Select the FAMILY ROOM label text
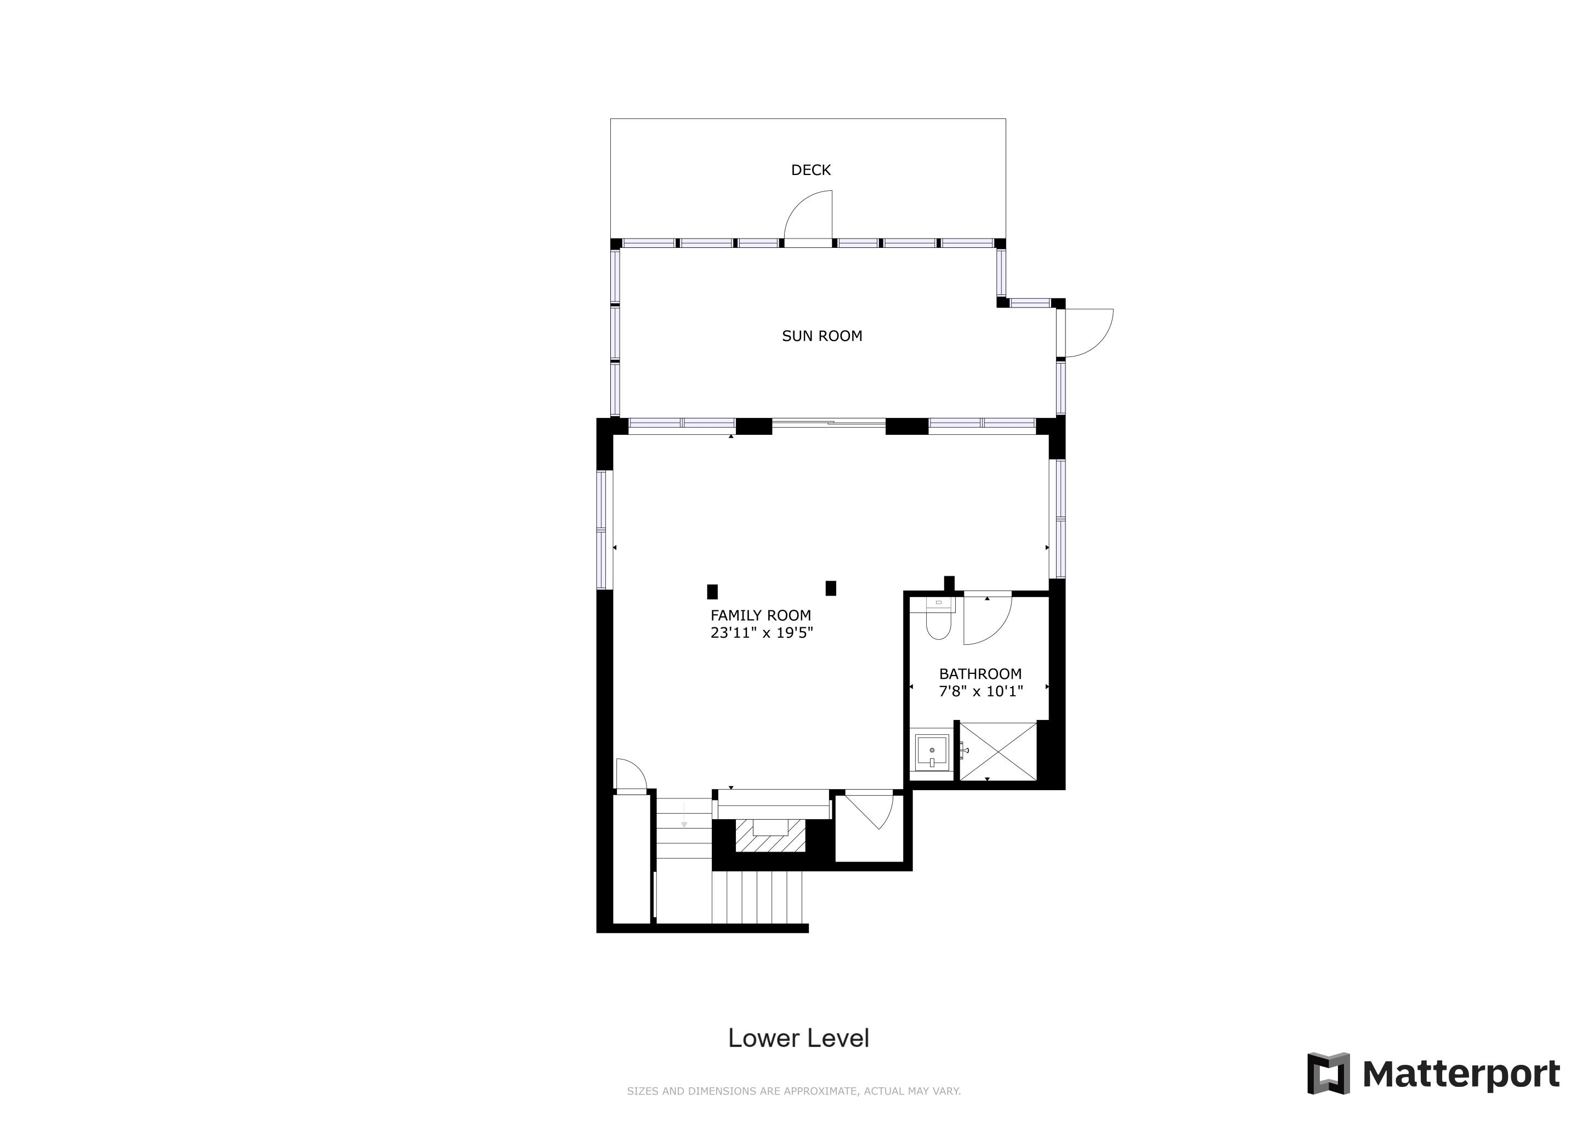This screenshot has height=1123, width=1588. pos(761,615)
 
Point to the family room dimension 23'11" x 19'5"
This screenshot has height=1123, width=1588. pos(762,633)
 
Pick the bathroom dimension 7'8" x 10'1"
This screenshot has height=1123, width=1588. pos(981,691)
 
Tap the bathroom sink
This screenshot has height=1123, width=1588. pos(932,752)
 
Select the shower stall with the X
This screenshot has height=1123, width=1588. pos(998,752)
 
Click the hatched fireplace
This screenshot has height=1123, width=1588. pos(770,836)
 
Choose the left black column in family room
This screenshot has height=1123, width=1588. pos(712,592)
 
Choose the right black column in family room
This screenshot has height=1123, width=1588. pos(831,588)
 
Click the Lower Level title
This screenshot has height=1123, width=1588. pos(798,1038)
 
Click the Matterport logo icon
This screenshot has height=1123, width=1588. pos(1328,1073)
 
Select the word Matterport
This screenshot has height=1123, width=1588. pos(1461,1074)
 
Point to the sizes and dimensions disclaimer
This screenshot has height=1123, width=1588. pos(794,1091)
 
